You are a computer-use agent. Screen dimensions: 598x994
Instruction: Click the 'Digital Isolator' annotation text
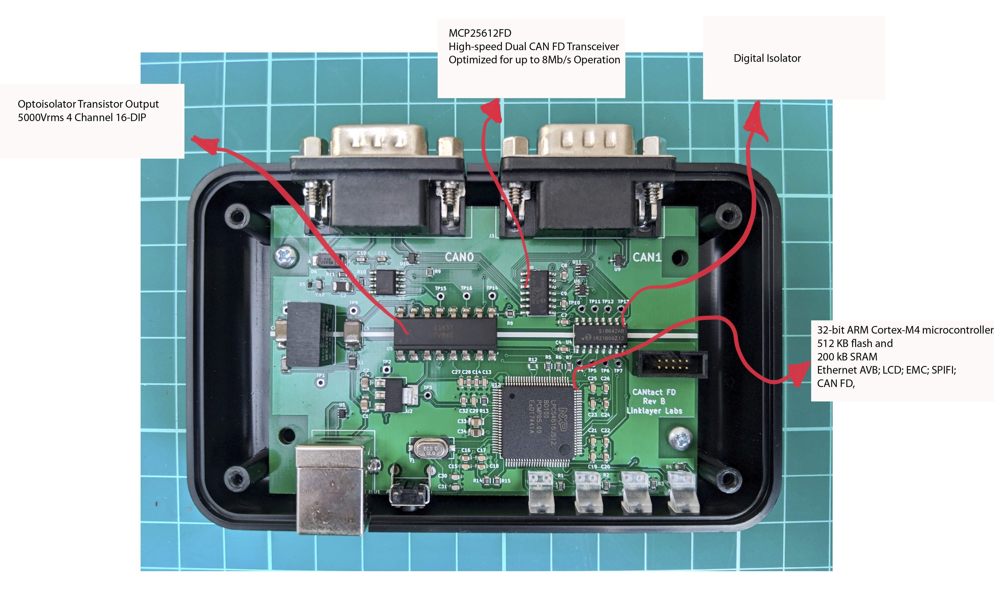click(767, 59)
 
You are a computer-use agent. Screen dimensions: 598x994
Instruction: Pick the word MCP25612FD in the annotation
click(480, 33)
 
